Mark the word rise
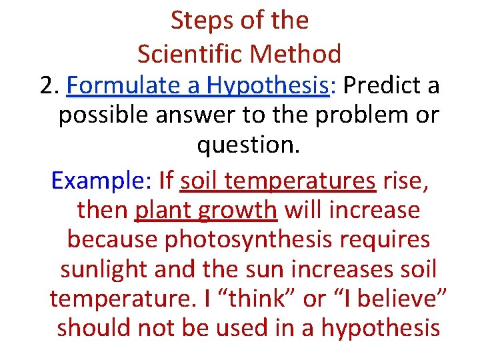(405, 181)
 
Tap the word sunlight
(106, 270)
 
